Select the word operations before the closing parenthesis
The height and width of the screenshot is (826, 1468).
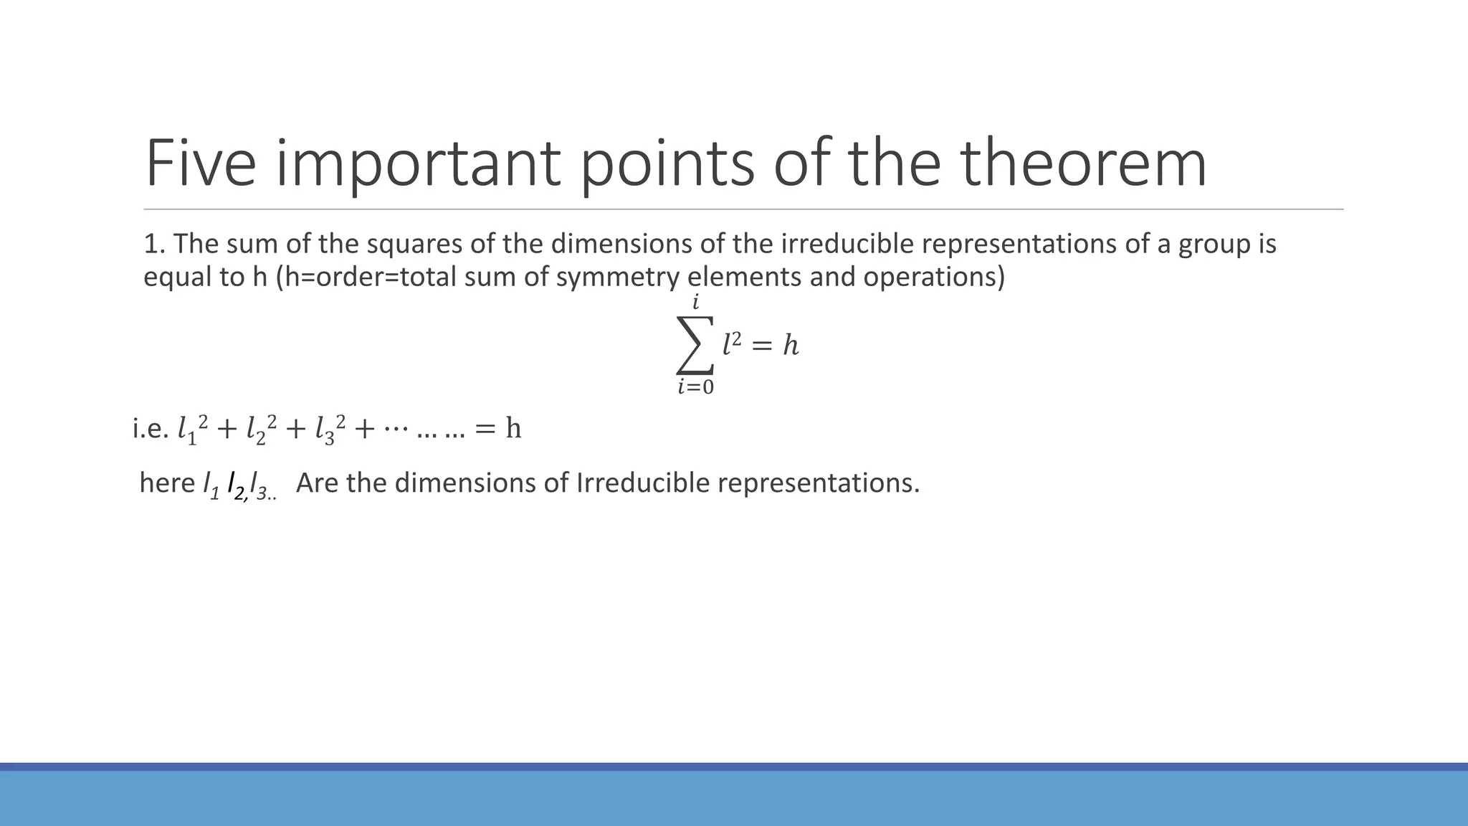933,277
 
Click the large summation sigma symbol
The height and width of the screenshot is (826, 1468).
695,345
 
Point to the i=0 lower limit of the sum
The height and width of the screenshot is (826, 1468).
695,387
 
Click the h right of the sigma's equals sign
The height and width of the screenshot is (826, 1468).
790,346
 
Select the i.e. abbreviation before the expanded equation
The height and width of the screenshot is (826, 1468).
151,429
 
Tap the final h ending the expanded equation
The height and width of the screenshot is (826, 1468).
513,429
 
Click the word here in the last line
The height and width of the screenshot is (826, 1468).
167,483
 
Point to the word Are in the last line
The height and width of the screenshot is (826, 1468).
317,483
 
